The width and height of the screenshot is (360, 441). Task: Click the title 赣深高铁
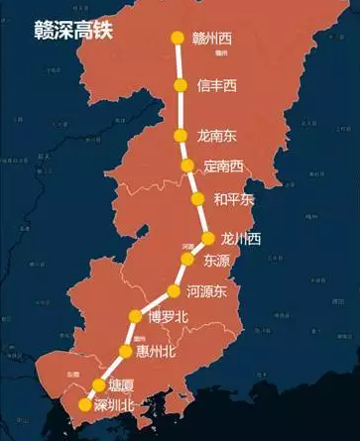coord(73,30)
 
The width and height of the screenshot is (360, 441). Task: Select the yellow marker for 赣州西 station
coord(178,39)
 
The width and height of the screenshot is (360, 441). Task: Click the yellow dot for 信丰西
coord(180,85)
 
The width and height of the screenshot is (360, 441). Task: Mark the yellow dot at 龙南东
coord(180,135)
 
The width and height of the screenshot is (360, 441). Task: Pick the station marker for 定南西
coord(186,165)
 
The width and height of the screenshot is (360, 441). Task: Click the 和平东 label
coord(234,199)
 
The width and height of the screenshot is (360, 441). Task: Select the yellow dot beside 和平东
coord(196,199)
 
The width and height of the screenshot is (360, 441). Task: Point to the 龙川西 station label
coord(241,239)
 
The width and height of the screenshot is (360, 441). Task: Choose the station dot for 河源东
coord(176,290)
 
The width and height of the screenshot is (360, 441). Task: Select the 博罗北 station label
coord(168,317)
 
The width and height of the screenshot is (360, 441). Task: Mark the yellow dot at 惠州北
coord(125,351)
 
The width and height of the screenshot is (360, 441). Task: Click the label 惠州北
coord(155,351)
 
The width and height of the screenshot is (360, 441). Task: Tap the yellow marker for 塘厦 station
coord(99,385)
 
